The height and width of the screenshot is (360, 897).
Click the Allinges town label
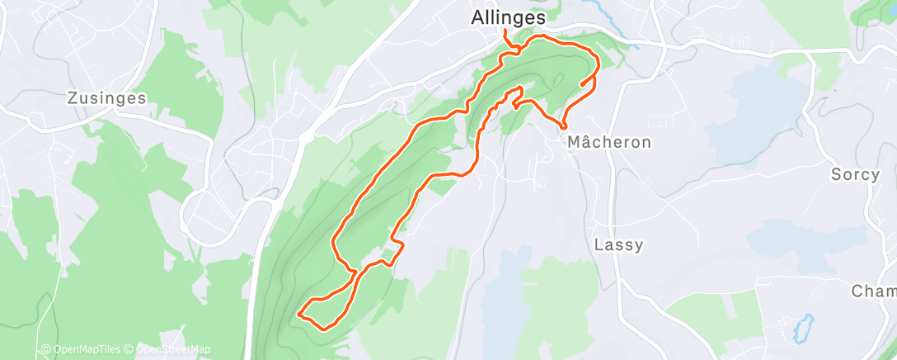point(509,17)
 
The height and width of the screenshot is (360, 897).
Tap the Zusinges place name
point(106,98)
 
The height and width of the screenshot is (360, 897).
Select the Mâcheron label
point(609,142)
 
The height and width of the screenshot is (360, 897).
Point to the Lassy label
point(618,245)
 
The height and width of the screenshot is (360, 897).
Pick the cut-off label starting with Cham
point(873,291)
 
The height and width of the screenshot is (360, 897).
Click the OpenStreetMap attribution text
point(168,349)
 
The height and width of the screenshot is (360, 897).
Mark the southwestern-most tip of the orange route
point(298,314)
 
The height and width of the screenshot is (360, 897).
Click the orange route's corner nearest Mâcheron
point(564,127)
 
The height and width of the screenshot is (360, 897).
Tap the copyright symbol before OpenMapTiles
point(46,349)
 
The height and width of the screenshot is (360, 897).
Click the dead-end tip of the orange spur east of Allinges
point(582,84)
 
